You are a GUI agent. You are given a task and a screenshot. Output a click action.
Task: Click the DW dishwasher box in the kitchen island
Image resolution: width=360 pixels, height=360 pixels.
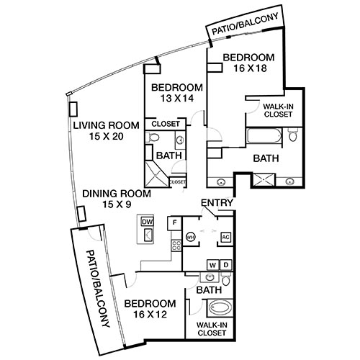click(148, 221)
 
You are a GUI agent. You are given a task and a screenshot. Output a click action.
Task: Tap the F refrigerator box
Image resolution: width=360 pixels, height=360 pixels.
click(174, 222)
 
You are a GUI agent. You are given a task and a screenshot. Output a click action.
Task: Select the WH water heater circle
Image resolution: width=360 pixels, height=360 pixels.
click(191, 236)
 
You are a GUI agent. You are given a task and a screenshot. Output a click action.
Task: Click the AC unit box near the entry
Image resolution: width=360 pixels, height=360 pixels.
click(225, 236)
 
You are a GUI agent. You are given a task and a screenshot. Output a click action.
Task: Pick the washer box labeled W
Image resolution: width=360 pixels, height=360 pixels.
click(212, 265)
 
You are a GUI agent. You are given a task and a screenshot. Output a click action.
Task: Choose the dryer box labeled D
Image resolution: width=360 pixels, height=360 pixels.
click(225, 265)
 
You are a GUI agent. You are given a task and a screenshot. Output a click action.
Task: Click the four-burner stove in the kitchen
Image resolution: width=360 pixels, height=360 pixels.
click(174, 246)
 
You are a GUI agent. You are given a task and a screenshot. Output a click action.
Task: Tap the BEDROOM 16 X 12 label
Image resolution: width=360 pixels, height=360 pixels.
click(150, 309)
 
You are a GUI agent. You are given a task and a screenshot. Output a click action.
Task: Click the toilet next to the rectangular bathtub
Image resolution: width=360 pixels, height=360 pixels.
click(292, 134)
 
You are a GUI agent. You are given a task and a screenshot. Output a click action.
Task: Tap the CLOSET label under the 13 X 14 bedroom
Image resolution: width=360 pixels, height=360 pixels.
click(166, 123)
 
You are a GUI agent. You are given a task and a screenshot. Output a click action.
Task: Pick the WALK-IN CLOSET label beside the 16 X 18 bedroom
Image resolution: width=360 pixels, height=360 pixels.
click(277, 109)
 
